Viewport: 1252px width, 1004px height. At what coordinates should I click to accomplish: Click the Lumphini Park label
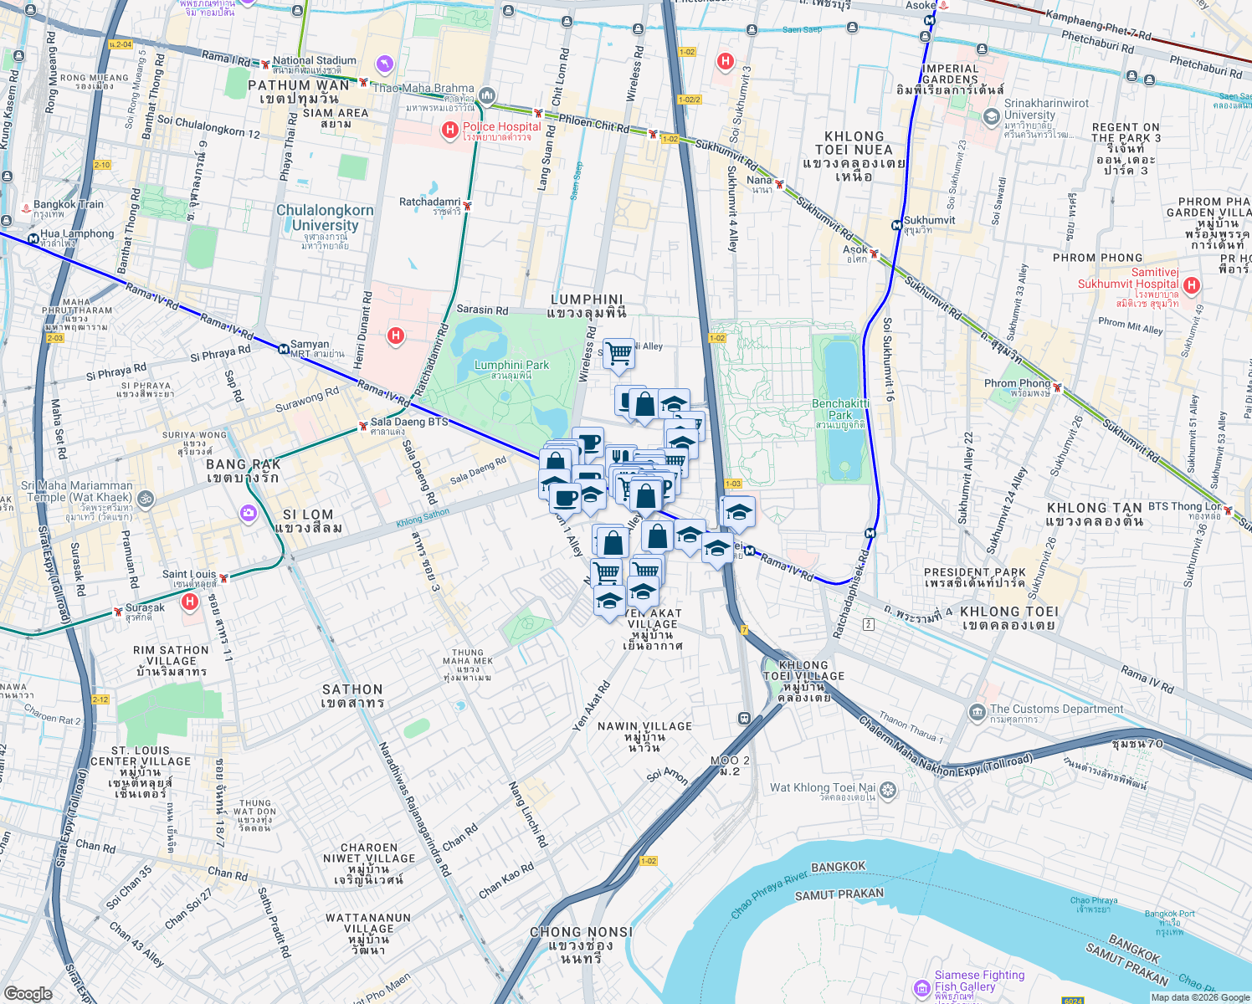(511, 370)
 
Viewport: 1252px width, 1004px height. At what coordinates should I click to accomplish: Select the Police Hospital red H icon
(450, 130)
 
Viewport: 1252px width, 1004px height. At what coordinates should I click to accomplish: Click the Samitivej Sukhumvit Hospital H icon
(1192, 285)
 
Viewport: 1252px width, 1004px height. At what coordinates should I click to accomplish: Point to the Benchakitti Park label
(840, 409)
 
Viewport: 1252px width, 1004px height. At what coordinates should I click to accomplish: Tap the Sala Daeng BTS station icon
(362, 426)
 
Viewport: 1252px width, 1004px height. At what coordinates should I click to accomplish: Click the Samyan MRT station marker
(284, 349)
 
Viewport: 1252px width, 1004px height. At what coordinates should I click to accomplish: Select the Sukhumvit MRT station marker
(896, 225)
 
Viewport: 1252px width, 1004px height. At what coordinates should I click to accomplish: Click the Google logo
(28, 993)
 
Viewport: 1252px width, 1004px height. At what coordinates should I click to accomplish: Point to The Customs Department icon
(977, 713)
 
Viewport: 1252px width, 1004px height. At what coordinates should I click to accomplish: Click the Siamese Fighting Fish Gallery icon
(921, 988)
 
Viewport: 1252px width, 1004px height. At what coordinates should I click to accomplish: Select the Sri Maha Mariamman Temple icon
(145, 499)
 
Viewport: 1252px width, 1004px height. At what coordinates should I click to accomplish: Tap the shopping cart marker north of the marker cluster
(618, 353)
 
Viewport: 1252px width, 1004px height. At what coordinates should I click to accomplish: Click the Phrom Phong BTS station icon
(1058, 387)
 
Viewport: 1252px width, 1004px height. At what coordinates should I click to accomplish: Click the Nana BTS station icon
(779, 183)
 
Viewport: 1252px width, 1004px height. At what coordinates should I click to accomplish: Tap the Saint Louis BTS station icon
(223, 577)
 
